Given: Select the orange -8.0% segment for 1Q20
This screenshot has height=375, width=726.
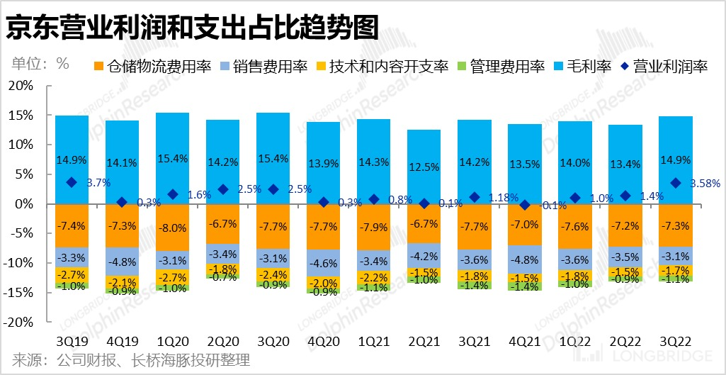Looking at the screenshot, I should tap(172, 228).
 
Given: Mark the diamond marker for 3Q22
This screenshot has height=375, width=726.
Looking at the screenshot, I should tap(676, 183).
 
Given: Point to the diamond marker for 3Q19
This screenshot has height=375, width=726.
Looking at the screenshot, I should tap(72, 182).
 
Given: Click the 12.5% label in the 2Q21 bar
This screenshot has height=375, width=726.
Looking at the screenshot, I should tap(424, 167).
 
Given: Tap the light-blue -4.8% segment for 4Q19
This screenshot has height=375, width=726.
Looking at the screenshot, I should tap(122, 261).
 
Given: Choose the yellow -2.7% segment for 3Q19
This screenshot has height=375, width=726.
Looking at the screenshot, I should tap(72, 274).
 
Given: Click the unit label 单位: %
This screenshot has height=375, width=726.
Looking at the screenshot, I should tap(40, 62).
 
